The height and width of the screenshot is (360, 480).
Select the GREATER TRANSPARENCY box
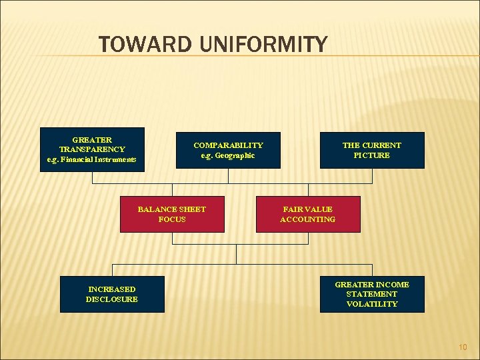tap(92, 149)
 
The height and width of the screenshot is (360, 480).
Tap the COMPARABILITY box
tap(228, 150)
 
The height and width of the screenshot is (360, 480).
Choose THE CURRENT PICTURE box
tap(372, 150)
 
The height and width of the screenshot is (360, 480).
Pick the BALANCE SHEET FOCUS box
tap(172, 214)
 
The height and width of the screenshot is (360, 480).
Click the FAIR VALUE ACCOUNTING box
tap(308, 214)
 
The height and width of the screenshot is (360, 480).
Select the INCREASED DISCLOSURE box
tap(112, 294)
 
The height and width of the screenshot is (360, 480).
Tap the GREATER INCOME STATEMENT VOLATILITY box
tap(372, 294)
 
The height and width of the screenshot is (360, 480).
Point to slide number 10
tap(463, 347)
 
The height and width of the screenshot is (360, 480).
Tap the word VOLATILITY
tap(372, 304)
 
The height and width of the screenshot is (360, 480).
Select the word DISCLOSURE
tap(112, 299)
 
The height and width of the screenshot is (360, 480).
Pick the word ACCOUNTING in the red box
tap(308, 219)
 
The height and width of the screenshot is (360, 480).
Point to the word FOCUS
tap(172, 219)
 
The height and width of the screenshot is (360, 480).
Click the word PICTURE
tap(372, 155)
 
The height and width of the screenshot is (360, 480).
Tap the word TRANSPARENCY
tap(92, 149)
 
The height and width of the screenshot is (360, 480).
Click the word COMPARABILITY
tap(228, 145)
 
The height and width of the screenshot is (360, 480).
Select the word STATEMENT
tap(372, 294)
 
